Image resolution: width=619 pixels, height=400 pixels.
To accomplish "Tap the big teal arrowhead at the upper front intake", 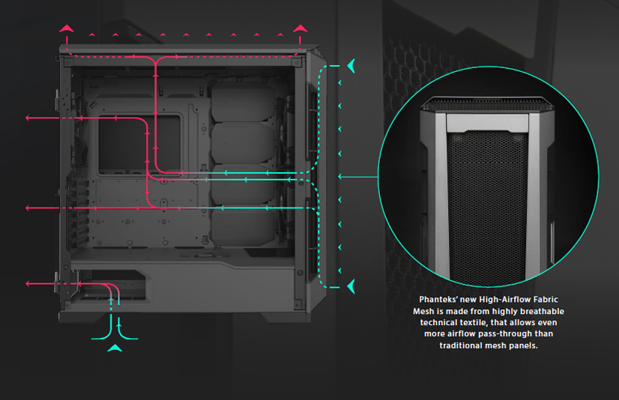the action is point(351,67).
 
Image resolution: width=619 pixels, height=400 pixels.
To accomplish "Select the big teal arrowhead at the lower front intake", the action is point(351,285).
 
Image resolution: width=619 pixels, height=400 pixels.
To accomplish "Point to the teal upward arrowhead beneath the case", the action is point(115,348).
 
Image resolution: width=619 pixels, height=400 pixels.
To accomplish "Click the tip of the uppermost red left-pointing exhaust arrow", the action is point(28,118).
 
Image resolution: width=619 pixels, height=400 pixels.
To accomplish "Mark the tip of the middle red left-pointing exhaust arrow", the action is point(28,207).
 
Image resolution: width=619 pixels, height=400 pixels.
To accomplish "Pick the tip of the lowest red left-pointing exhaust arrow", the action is point(28,284).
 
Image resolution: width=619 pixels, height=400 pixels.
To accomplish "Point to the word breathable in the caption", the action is point(540,311).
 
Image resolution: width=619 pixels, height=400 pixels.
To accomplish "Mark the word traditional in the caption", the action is point(467,345).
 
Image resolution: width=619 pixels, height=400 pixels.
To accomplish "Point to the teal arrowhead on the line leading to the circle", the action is point(341,177).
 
